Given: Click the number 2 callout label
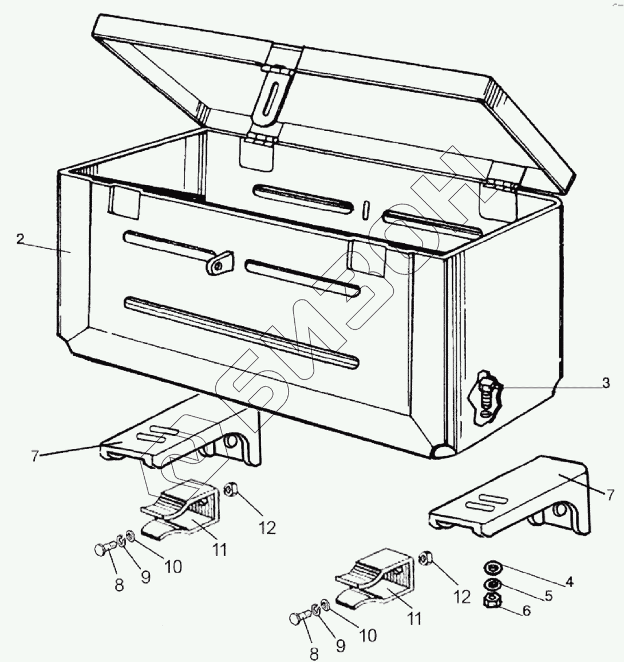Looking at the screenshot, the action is pyautogui.click(x=20, y=239).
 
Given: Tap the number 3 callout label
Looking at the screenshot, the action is pyautogui.click(x=606, y=383).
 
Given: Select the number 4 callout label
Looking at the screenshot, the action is pyautogui.click(x=569, y=582).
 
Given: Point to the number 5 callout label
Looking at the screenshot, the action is pyautogui.click(x=548, y=596).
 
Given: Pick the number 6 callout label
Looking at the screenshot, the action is pyautogui.click(x=527, y=610).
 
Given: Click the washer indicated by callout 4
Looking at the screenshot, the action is pyautogui.click(x=491, y=567).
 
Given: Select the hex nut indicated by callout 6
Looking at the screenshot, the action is pyautogui.click(x=491, y=601).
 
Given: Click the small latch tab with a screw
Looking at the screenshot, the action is pyautogui.click(x=219, y=263).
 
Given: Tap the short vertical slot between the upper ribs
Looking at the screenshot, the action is pyautogui.click(x=366, y=210).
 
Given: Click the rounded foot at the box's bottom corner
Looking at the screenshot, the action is pyautogui.click(x=442, y=451).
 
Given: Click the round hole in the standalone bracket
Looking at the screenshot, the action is pyautogui.click(x=559, y=510).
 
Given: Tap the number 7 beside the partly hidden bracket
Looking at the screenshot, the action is pyautogui.click(x=35, y=456).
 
